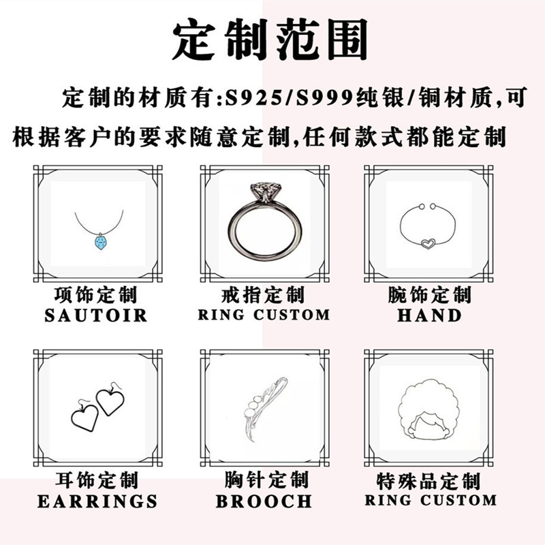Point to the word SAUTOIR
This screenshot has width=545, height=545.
[96, 315]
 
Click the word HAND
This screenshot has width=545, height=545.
[429, 315]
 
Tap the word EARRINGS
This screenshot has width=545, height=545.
[97, 502]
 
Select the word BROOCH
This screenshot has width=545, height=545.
[264, 502]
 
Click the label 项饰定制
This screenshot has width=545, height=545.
[96, 296]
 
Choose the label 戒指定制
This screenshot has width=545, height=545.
[264, 296]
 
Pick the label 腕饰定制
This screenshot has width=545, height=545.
[429, 296]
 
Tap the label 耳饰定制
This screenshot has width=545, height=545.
[96, 481]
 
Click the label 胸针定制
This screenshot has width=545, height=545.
[264, 481]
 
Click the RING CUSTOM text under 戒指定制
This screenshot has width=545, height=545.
[264, 315]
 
